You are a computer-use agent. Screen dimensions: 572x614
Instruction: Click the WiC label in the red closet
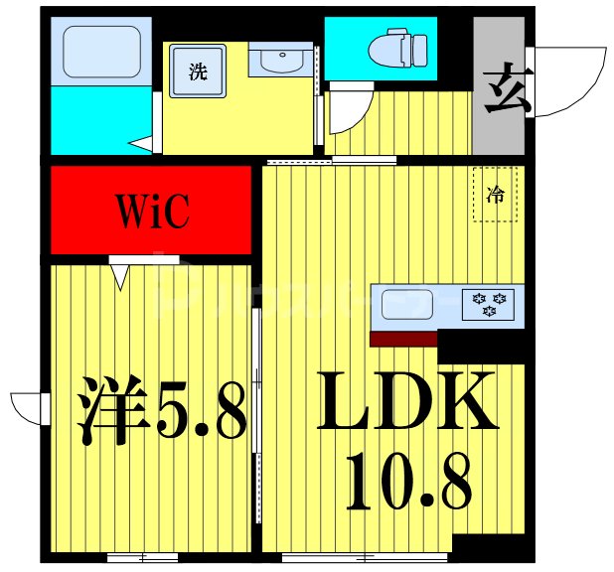coord(152,212)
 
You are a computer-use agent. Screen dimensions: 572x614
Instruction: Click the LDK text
coord(407,400)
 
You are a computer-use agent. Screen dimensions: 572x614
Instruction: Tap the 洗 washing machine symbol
coord(199,71)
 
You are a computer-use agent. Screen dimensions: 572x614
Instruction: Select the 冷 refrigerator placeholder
coord(494,195)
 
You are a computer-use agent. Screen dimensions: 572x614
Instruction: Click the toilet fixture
coord(397,47)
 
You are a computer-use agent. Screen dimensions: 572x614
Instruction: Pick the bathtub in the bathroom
coord(100,52)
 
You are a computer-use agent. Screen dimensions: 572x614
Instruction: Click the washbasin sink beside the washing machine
coord(282,62)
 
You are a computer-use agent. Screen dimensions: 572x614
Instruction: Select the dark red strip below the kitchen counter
coord(403,339)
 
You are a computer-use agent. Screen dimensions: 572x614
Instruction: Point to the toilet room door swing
coord(350,109)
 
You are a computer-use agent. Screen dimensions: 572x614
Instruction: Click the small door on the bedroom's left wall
coord(30,407)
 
